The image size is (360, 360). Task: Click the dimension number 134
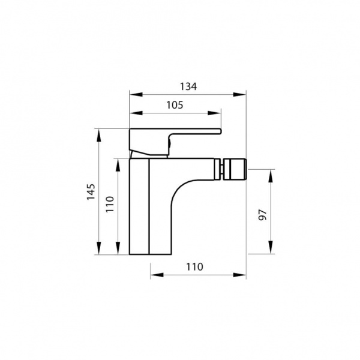tap(188, 86)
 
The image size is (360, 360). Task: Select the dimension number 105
tap(175, 105)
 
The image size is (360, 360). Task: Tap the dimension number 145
tap(91, 192)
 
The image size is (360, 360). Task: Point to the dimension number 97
tap(263, 215)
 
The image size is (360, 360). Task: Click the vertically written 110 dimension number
tap(110, 204)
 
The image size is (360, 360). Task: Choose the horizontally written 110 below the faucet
tap(194, 267)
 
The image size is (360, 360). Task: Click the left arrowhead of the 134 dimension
tap(136, 94)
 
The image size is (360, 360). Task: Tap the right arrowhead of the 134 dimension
tap(239, 94)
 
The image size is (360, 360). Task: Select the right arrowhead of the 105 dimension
tap(214, 113)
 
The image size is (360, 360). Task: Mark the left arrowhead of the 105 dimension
tap(136, 113)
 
